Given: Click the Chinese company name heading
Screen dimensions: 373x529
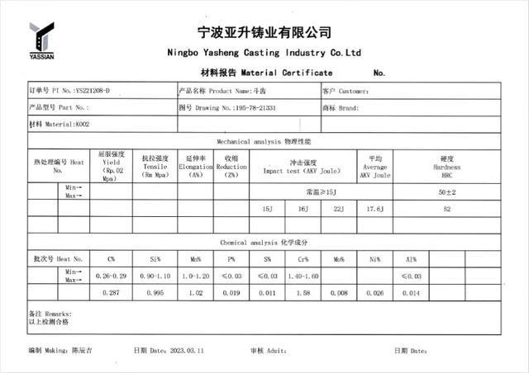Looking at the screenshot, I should [x=264, y=33].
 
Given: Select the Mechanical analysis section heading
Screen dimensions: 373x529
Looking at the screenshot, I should [x=264, y=142].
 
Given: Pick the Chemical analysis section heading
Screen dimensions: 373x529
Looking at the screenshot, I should [x=265, y=243].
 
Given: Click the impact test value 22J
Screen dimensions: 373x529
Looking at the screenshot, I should [x=337, y=210].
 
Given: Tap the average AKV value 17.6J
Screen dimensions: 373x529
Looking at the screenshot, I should [x=375, y=210].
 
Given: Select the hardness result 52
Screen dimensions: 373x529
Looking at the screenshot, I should [x=447, y=210].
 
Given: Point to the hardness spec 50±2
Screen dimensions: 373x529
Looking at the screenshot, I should [x=447, y=191].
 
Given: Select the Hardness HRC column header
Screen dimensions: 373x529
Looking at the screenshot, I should [x=447, y=166].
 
